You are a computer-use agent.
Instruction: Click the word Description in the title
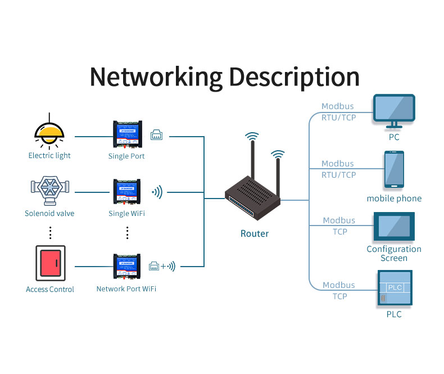[293, 77]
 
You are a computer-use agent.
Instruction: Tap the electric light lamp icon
[49, 132]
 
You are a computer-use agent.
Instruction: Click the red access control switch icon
[50, 263]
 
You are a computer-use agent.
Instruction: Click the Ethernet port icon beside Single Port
[156, 135]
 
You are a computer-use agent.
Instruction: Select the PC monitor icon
[394, 111]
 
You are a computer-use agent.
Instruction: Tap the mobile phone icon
[394, 169]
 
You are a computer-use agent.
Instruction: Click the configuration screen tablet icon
[394, 227]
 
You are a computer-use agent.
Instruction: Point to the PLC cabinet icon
[394, 288]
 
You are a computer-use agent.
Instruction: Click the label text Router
[255, 233]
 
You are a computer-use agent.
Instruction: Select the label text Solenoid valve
[49, 213]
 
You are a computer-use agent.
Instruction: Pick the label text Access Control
[50, 289]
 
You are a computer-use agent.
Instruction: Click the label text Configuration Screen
[394, 254]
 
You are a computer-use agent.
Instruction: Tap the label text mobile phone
[394, 199]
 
